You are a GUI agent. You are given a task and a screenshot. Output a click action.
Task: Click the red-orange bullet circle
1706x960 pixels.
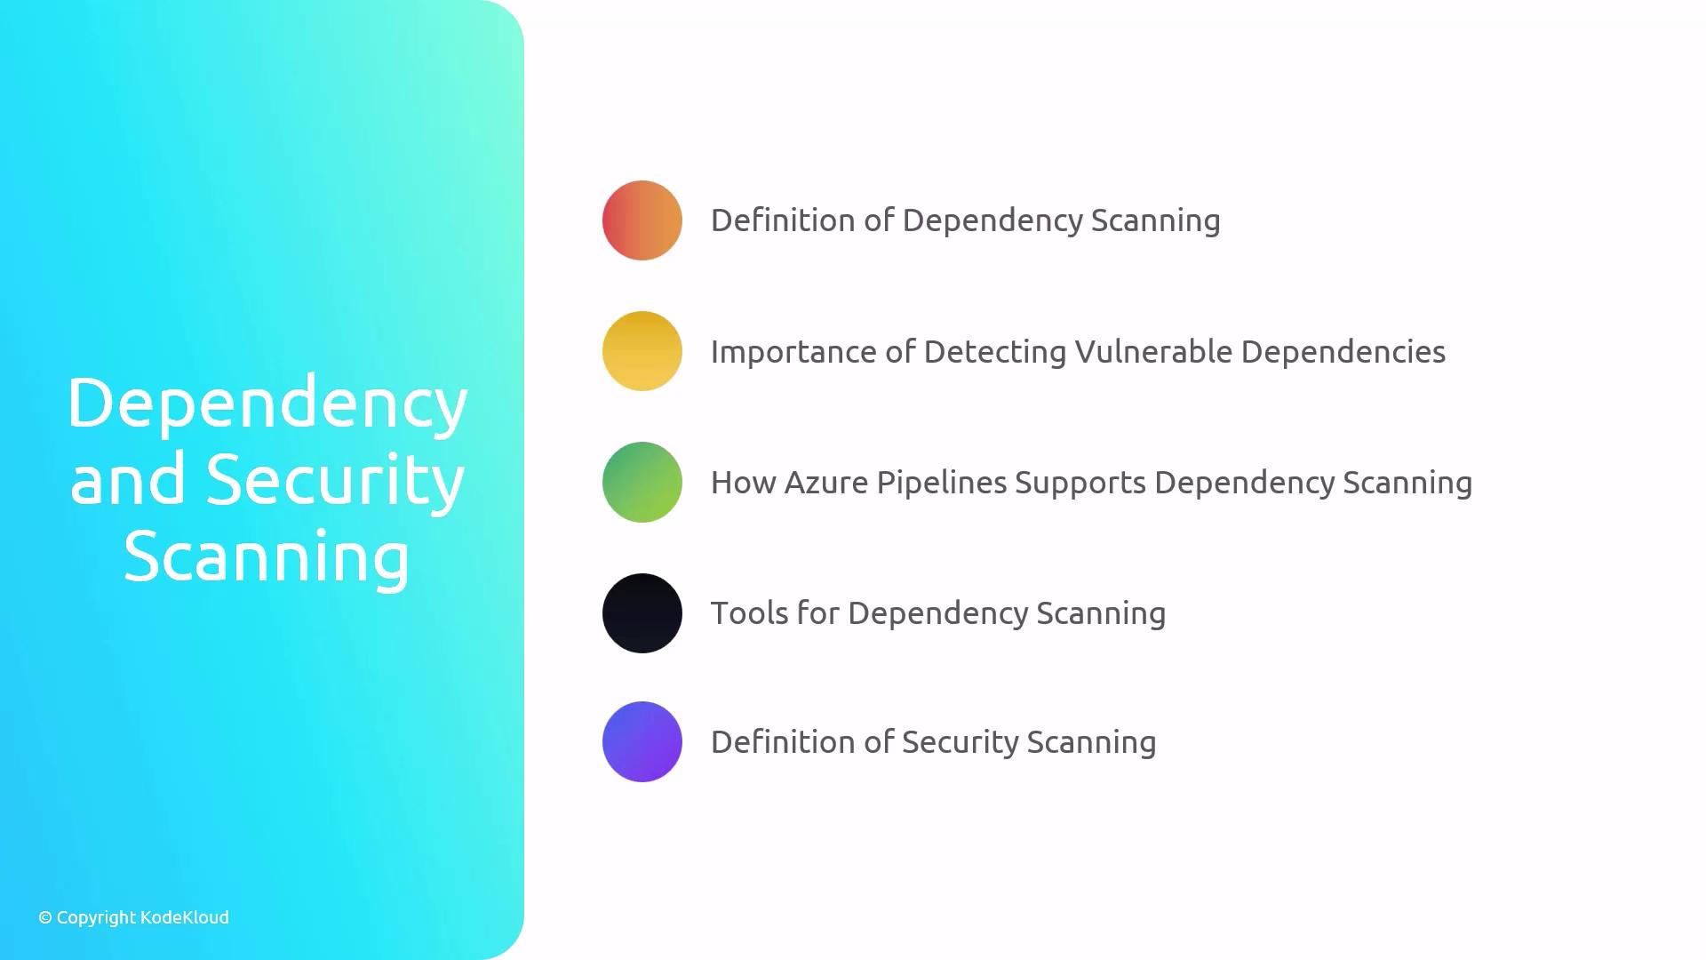(x=642, y=220)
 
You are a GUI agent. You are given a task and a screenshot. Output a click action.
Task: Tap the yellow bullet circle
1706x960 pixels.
(x=642, y=351)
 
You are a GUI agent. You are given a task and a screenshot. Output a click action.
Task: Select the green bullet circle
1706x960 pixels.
(x=642, y=482)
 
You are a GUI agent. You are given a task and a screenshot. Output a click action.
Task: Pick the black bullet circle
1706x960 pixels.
(x=642, y=613)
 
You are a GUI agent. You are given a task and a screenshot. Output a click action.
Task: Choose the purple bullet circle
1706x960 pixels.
(x=642, y=742)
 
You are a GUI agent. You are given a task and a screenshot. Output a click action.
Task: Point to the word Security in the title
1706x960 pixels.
(x=336, y=480)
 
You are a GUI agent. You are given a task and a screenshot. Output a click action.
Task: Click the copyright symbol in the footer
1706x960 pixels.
(x=45, y=917)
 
